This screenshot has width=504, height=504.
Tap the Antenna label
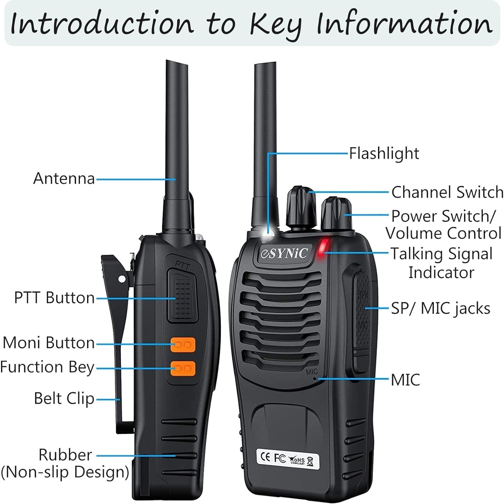coord(64,178)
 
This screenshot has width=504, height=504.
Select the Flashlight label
coord(384,154)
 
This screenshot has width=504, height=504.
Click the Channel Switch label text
coord(447,193)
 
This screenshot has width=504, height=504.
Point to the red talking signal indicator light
coord(323,248)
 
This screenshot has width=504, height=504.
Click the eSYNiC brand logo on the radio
coord(284,253)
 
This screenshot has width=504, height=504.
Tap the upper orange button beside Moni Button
coord(183,345)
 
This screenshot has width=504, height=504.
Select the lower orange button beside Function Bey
coord(183,368)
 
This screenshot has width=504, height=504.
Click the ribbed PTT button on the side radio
coord(181,296)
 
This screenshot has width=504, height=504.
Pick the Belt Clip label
coord(64,398)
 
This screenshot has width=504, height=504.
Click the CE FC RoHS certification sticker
coord(287,458)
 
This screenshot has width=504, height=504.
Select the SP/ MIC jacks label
coord(440,308)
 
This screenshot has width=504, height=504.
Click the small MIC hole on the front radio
coord(314,379)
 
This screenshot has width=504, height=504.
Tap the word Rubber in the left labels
coord(65,455)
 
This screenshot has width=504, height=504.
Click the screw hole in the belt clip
coord(122,279)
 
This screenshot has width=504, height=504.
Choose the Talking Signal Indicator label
coord(442,263)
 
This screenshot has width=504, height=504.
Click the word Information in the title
coord(405,24)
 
